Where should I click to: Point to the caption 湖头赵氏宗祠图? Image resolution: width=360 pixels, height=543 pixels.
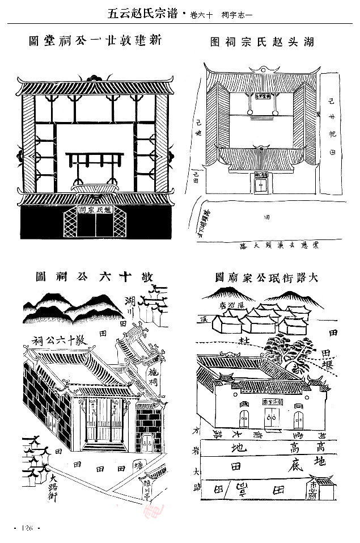click(x=261, y=42)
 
